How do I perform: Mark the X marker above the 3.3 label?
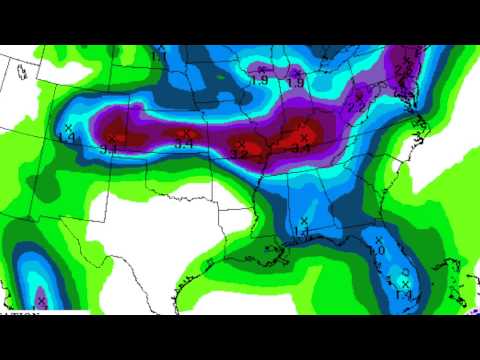click(112, 138)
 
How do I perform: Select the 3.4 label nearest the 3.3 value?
click(184, 145)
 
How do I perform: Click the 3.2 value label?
click(240, 155)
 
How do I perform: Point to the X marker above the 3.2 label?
click(241, 144)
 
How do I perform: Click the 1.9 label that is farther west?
click(259, 80)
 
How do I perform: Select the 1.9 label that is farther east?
click(296, 82)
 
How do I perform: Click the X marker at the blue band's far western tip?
click(68, 129)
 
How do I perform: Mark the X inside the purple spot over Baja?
click(40, 299)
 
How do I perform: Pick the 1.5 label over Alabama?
click(302, 232)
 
